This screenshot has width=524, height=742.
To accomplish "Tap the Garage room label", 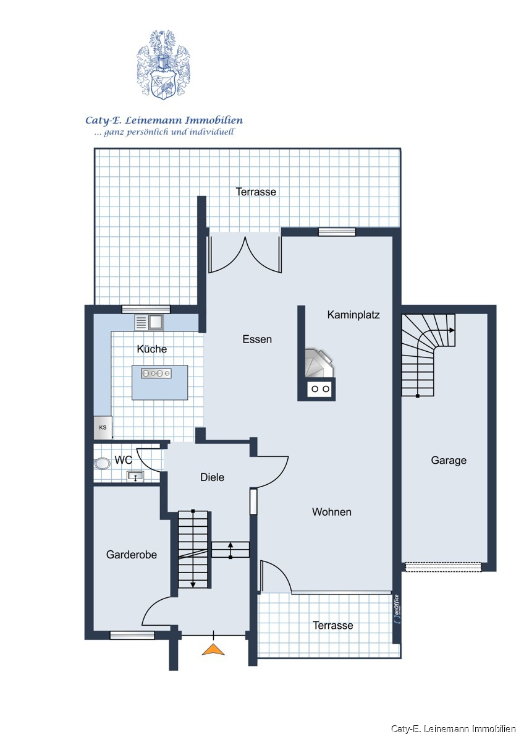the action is [x=449, y=460].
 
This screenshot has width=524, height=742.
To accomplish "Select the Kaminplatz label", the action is [x=353, y=314].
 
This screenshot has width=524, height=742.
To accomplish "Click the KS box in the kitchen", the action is [x=103, y=427].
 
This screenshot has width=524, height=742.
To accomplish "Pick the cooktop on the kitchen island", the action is [x=156, y=373].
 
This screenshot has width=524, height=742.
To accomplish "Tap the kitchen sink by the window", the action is [x=149, y=322].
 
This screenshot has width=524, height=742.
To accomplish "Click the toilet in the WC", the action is [x=103, y=464].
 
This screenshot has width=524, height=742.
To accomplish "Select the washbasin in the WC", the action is [x=135, y=477].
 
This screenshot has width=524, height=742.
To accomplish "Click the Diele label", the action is [x=212, y=477].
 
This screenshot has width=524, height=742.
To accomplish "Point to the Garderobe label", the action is [x=132, y=555].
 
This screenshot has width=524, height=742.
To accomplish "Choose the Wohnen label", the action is [x=332, y=512].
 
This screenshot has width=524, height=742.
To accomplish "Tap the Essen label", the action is [x=257, y=339].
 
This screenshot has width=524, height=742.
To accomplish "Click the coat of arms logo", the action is [x=164, y=65].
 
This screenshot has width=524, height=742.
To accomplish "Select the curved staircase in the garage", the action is [x=428, y=355].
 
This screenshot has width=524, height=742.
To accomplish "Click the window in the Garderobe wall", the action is [x=132, y=635].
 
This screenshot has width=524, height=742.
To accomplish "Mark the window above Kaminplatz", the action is [x=337, y=232].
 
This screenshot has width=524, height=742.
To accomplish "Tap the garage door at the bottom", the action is [x=442, y=567].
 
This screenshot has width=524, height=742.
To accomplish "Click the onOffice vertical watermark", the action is [x=397, y=610].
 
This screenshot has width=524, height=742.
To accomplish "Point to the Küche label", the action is [x=151, y=349].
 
